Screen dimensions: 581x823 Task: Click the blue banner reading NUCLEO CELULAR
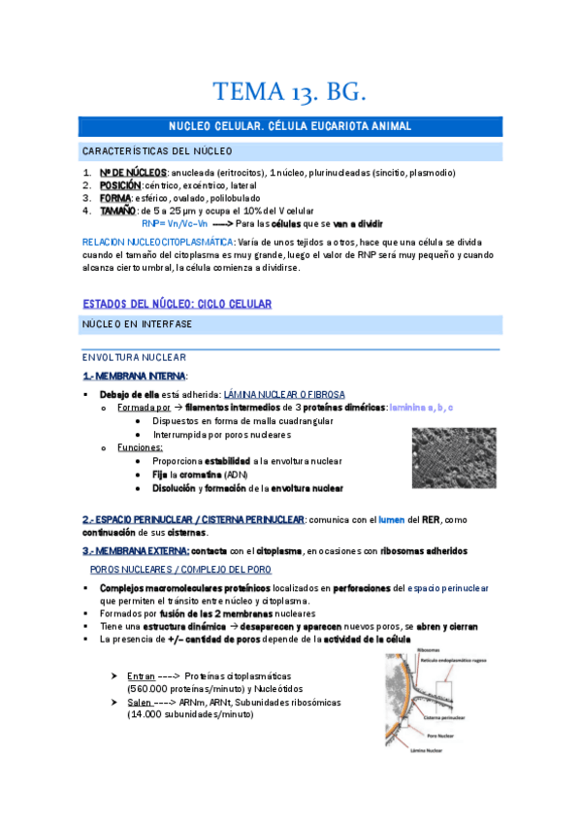point(290,126)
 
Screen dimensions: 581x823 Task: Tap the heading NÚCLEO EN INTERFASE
point(137,323)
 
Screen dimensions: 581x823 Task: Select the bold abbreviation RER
point(432,519)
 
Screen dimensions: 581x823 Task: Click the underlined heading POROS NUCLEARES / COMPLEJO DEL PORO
point(180,569)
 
